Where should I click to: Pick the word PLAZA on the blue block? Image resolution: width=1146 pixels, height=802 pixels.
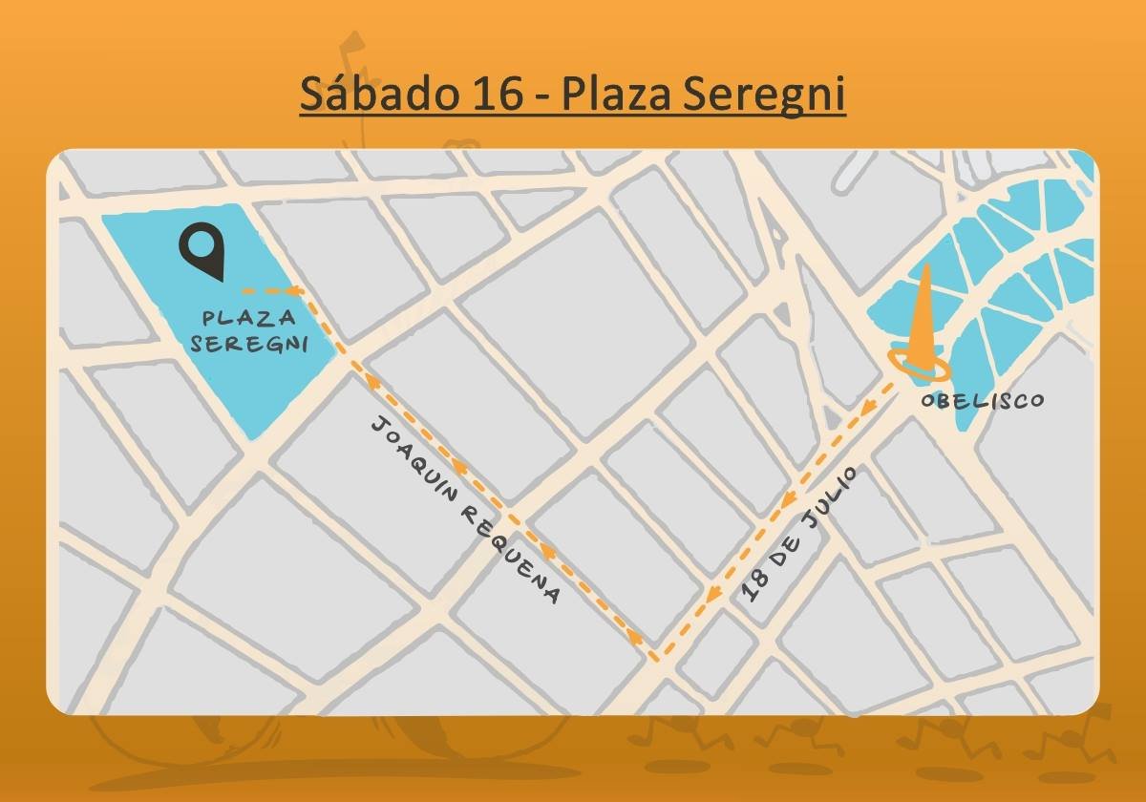[x=248, y=318]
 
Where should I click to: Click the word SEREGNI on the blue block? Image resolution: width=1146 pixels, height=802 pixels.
[x=249, y=343]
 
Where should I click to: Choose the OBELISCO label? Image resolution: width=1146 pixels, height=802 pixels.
[x=983, y=401]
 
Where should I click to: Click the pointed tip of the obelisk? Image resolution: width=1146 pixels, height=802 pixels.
[x=923, y=268]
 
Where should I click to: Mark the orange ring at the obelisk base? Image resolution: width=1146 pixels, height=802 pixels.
[x=919, y=364]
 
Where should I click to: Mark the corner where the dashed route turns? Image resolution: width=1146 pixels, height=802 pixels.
[x=655, y=658]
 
